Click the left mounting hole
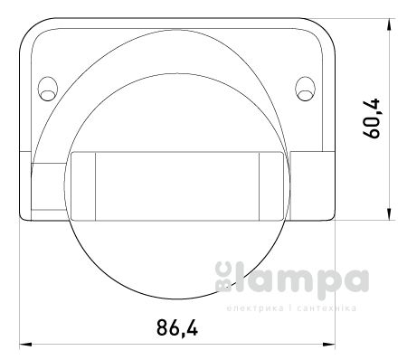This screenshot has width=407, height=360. (46, 87)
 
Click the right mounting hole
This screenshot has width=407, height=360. (303, 87)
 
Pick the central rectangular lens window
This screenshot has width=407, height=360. (177, 185)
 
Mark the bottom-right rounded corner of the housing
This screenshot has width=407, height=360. (327, 214)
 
